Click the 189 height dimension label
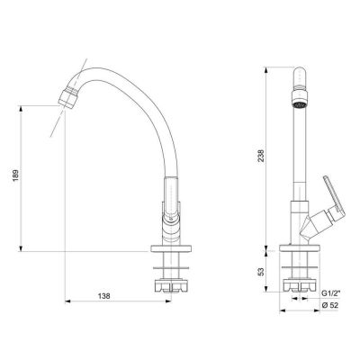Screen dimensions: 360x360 15,175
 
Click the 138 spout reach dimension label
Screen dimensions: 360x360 104,296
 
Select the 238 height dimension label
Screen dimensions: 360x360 261,156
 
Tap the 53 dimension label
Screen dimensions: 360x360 261,272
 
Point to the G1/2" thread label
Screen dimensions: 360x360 329,293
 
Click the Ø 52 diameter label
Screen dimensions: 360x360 329,305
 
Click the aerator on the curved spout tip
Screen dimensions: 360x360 68,96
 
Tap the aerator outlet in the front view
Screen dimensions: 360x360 300,100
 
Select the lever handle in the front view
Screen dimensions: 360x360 334,195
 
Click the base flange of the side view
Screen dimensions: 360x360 171,249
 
